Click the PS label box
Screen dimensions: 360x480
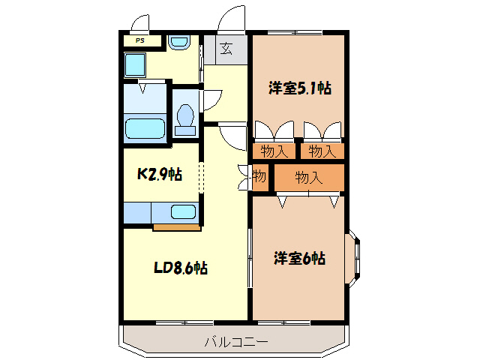tap(139, 41)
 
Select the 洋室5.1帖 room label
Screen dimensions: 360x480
tap(299, 88)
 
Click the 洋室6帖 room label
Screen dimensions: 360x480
tap(298, 259)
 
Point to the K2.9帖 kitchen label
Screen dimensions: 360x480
tap(159, 175)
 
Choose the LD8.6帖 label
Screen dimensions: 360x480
tap(181, 268)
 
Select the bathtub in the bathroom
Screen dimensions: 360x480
tap(144, 128)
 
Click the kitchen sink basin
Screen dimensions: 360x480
tap(183, 211)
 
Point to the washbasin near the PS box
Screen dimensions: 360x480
tap(178, 43)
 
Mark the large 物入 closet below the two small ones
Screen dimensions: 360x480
tap(308, 178)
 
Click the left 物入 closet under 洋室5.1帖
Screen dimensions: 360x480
tap(274, 151)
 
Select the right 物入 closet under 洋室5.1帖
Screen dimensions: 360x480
tap(322, 151)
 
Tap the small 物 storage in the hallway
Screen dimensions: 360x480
tap(259, 178)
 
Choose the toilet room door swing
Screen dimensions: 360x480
tap(211, 98)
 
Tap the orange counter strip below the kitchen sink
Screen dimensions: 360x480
tap(177, 226)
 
